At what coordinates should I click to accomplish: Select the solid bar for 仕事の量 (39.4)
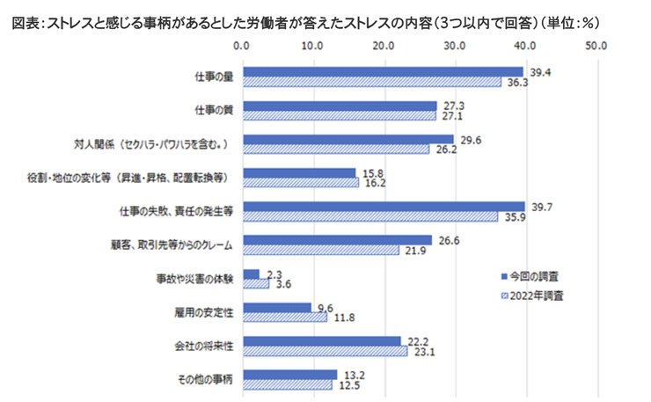382,72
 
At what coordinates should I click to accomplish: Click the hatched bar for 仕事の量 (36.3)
371,82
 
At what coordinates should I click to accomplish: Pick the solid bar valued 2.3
251,274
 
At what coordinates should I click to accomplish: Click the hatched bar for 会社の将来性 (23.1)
325,351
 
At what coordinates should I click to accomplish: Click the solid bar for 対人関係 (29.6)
347,139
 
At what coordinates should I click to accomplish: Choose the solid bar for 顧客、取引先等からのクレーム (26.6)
337,240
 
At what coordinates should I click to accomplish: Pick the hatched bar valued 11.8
284,318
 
